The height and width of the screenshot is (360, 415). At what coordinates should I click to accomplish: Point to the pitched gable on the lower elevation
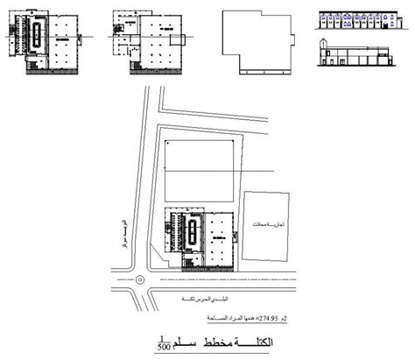pyautogui.click(x=323, y=45)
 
